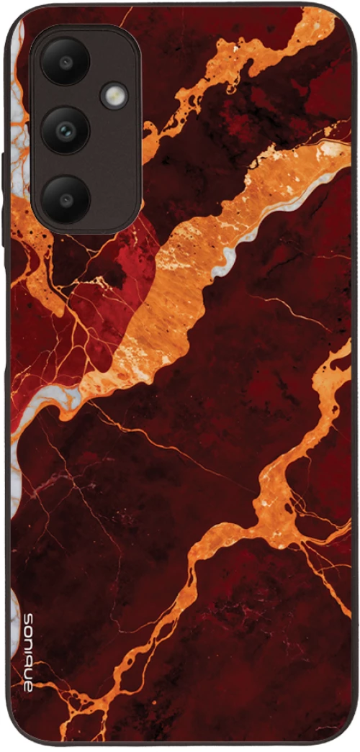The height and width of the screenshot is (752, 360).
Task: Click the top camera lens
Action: point(65,61)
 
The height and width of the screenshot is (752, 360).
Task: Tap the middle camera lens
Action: point(65,130)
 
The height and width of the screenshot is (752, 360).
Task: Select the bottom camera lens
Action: point(65,197)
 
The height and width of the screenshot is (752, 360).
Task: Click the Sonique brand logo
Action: point(28,652)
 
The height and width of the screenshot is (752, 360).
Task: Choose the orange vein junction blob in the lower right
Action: point(277,504)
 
